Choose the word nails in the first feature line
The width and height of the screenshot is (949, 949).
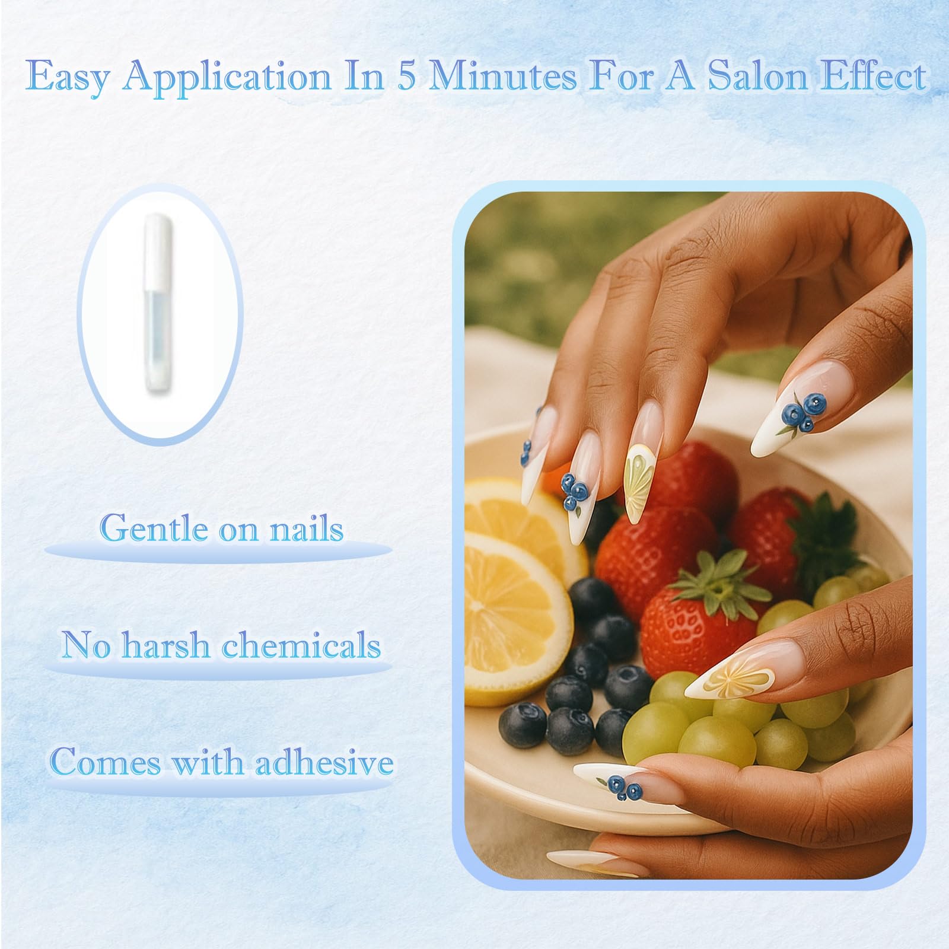307,528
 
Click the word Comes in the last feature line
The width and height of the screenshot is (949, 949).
106,762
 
